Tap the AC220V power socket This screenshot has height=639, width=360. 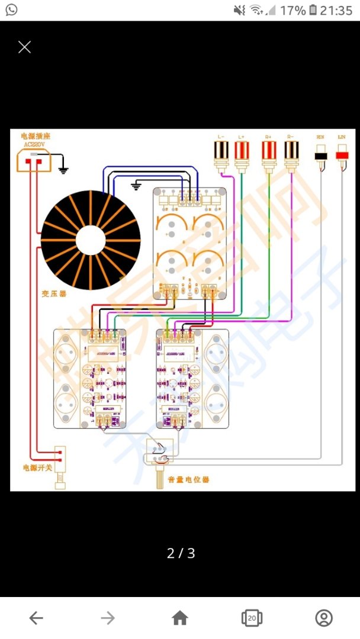tap(32, 160)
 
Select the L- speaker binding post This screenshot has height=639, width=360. tap(221, 154)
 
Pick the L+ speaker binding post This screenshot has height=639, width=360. tap(242, 154)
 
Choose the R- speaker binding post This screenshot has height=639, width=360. tap(291, 154)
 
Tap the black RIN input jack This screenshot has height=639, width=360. tap(321, 156)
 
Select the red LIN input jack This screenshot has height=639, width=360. tap(342, 156)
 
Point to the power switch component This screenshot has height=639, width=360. tap(60, 461)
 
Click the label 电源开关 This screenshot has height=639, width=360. tap(37, 467)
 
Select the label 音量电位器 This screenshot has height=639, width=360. tap(188, 479)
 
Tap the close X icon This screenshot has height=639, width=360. tap(24, 47)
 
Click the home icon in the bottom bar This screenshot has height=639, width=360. tap(179, 618)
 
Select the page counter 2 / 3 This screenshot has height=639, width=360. tap(181, 553)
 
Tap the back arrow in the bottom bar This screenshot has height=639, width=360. tap(36, 618)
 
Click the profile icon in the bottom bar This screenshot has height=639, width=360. tap(324, 618)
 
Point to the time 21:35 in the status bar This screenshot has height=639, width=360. tap(335, 10)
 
